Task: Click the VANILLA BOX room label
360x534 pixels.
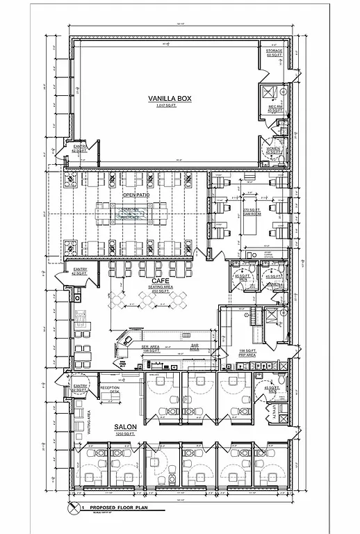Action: [x=169, y=99]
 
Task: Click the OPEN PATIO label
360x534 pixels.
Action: [x=136, y=195]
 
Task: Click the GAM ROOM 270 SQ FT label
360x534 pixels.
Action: [x=250, y=211]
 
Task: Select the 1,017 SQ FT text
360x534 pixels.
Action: [x=169, y=106]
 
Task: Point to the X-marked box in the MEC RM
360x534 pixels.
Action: [x=269, y=94]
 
